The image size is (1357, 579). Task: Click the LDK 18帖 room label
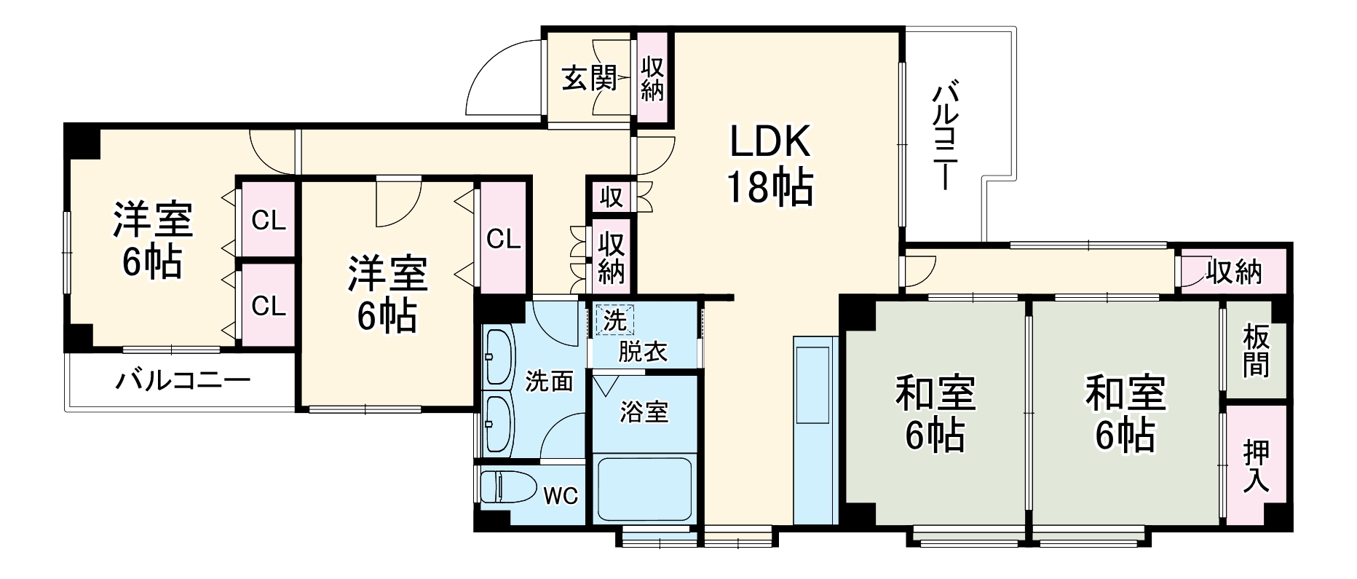click(770, 166)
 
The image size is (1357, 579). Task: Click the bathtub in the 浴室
click(644, 488)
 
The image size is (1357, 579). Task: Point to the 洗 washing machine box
click(614, 320)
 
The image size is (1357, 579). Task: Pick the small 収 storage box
click(611, 197)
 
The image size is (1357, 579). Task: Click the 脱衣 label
click(642, 352)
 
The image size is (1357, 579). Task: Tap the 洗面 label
click(549, 381)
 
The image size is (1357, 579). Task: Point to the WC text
click(561, 496)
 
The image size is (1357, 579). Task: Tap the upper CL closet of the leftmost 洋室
click(268, 221)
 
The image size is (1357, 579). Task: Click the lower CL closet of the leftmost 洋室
click(268, 306)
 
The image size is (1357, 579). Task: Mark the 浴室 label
click(644, 412)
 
